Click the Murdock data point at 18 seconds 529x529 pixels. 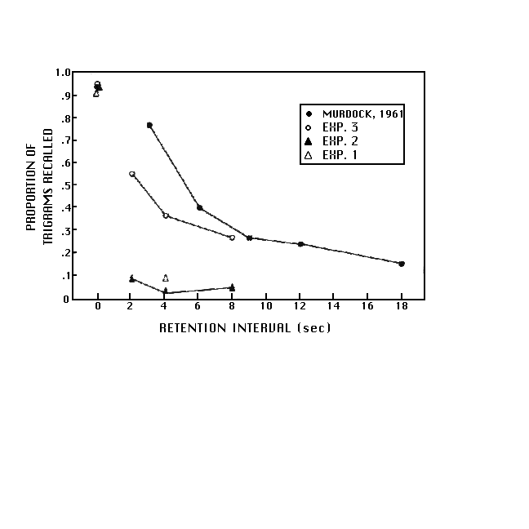point(402,264)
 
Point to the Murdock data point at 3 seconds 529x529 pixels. point(149,125)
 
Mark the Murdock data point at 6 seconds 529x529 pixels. point(200,207)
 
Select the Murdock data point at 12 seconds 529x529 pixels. point(301,244)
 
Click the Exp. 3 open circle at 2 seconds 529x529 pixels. point(132,174)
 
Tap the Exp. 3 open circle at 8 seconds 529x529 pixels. point(233,238)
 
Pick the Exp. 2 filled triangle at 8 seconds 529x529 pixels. point(233,287)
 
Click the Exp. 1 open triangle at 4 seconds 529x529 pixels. point(166,278)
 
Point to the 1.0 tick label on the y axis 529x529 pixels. point(64,72)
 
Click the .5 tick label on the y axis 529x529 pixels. point(66,185)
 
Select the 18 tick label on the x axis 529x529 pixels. point(401,307)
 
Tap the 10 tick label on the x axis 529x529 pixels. point(266,307)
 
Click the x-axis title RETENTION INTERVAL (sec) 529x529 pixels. point(245,328)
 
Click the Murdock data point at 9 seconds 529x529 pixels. point(249,238)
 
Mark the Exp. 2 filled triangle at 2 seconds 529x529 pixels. point(132,278)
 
